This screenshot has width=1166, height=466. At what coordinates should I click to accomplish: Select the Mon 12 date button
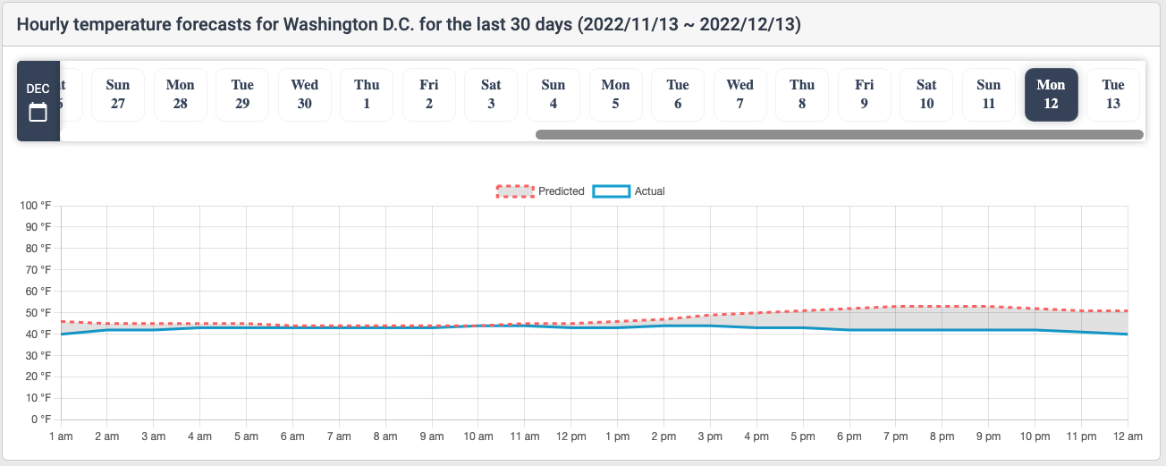tap(1051, 95)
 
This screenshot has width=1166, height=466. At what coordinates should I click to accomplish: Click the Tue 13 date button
tap(1113, 95)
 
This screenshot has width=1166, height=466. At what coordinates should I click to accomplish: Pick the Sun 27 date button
tap(118, 95)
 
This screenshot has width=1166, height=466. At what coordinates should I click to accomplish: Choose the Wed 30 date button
tap(305, 95)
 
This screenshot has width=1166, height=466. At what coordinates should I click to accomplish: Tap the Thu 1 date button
tap(367, 95)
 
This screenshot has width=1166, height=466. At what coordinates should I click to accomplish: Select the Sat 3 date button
tap(491, 95)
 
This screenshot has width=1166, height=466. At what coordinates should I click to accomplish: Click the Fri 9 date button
tap(864, 95)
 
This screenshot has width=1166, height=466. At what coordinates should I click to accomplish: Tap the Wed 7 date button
tap(739, 95)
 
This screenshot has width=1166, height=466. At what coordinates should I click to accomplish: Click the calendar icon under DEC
tap(38, 112)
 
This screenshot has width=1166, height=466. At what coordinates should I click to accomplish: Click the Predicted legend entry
tap(541, 191)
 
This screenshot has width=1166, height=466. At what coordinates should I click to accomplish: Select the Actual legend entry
tap(629, 191)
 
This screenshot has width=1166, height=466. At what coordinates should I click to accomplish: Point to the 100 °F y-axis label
tap(36, 206)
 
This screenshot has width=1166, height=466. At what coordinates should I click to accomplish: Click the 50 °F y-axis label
tap(38, 313)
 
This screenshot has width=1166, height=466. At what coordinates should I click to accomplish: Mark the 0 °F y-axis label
tap(42, 419)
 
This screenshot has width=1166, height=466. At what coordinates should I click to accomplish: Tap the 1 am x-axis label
tap(61, 436)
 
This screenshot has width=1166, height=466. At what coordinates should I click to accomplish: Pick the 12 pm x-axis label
tap(571, 436)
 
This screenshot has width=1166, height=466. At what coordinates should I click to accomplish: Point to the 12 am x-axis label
tap(1128, 436)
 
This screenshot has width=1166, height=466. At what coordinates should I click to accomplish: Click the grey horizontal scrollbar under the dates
tap(839, 134)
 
